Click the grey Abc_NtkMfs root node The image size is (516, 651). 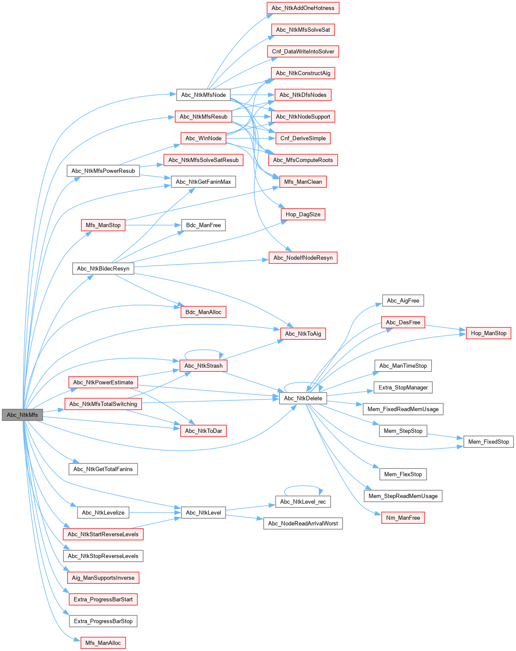[22, 415]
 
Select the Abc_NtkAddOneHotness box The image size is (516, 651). [303, 8]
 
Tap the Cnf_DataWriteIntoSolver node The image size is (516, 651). [303, 51]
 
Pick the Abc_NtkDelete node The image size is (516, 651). [303, 398]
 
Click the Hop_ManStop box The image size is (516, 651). [488, 333]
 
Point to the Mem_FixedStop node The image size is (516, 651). [488, 441]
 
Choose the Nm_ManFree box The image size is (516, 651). [403, 518]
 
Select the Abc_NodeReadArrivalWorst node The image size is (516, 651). [303, 523]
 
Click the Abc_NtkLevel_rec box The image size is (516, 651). [303, 501]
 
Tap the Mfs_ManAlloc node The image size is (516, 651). [103, 643]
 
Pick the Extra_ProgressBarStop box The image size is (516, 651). [103, 621]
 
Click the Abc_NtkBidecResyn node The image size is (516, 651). [103, 269]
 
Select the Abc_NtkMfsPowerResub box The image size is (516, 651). [103, 171]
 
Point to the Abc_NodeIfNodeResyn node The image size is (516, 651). [303, 258]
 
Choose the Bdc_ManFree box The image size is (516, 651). [203, 225]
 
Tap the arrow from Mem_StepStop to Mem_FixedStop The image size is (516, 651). [445, 436]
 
